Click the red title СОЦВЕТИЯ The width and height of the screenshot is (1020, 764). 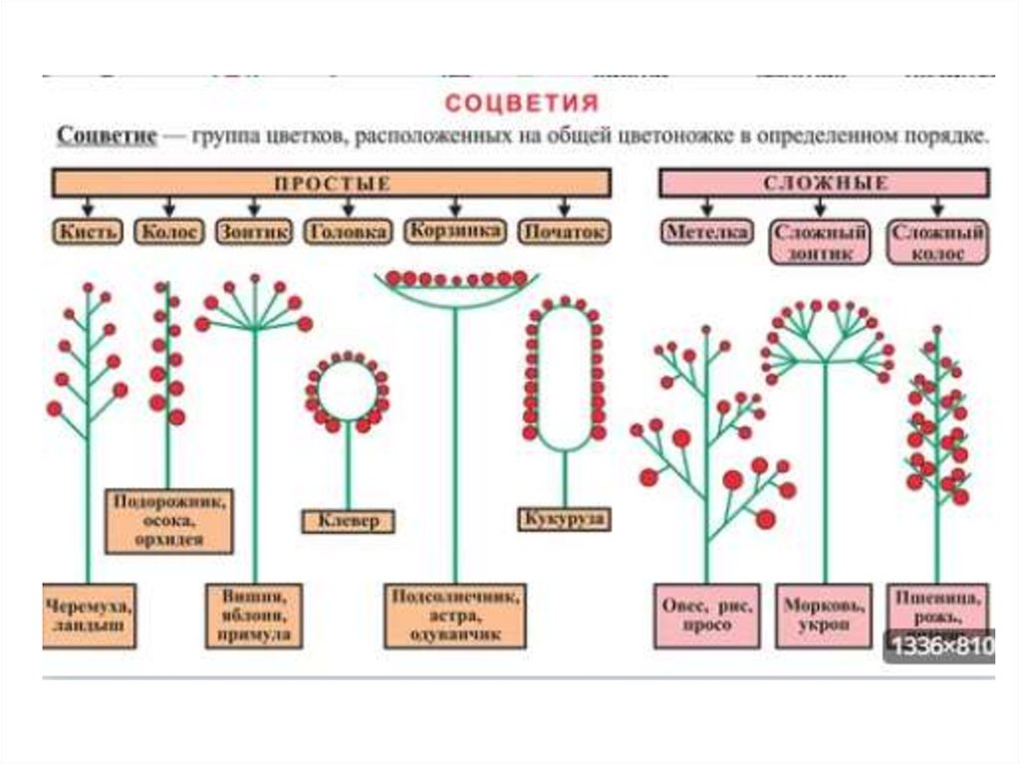tap(521, 104)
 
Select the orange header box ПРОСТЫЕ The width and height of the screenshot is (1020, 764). tap(332, 183)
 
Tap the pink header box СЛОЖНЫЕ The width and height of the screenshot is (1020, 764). tap(825, 183)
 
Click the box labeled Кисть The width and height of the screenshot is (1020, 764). tap(88, 232)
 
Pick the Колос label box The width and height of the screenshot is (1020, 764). tap(167, 232)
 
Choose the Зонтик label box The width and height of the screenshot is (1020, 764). tap(253, 232)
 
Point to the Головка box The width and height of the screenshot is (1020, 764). tap(347, 232)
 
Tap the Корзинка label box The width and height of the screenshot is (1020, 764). tap(453, 231)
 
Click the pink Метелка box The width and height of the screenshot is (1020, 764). tap(706, 232)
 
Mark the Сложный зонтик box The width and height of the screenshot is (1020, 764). tap(820, 242)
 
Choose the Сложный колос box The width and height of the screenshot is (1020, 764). tap(937, 242)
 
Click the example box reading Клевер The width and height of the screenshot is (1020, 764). tap(348, 521)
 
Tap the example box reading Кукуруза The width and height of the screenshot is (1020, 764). tap(564, 519)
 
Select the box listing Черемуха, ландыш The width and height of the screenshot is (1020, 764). tap(89, 614)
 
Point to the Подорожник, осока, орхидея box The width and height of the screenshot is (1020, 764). tap(168, 520)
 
